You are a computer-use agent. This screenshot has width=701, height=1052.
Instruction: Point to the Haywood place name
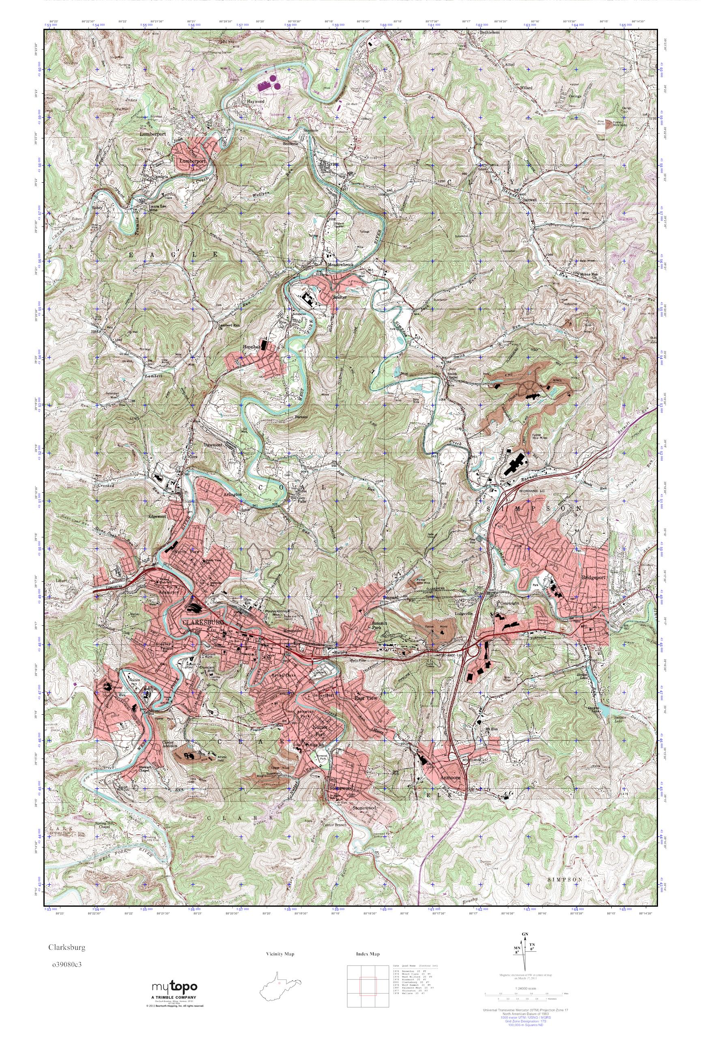pyautogui.click(x=255, y=101)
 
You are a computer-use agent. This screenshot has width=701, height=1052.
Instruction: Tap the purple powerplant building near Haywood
pyautogui.click(x=267, y=84)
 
